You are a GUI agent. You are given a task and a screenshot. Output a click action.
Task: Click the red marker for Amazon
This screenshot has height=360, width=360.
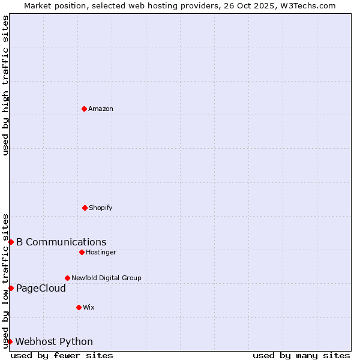click(x=84, y=109)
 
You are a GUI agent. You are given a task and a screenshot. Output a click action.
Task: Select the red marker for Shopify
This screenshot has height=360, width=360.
click(x=85, y=208)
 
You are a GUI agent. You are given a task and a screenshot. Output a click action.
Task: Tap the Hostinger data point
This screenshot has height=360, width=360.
click(x=82, y=252)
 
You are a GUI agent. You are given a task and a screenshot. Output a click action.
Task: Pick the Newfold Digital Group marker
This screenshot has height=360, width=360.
click(x=67, y=278)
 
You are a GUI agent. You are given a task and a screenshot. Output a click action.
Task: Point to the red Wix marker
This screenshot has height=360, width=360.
click(x=79, y=307)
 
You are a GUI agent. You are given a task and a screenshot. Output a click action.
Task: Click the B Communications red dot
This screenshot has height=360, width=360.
click(x=11, y=242)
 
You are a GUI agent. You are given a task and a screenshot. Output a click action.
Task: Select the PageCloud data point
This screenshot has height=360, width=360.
click(x=11, y=288)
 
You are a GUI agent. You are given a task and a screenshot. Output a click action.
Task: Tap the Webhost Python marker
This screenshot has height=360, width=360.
click(x=10, y=341)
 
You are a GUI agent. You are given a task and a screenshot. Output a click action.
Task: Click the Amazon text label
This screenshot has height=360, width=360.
click(x=101, y=109)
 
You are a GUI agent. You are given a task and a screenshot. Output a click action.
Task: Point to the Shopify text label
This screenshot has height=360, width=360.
click(x=101, y=208)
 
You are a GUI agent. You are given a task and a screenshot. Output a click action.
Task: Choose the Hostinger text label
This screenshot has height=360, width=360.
click(x=101, y=252)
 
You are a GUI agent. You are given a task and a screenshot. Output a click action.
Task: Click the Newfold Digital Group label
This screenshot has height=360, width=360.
click(x=106, y=278)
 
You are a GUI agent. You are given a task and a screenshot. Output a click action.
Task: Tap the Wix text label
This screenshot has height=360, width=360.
click(x=89, y=307)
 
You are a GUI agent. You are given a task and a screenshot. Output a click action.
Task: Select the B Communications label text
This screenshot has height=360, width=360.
click(x=61, y=242)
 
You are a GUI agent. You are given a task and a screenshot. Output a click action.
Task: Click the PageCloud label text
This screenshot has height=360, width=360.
click(x=41, y=289)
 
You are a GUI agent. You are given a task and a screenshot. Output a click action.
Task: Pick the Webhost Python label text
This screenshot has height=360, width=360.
click(x=54, y=342)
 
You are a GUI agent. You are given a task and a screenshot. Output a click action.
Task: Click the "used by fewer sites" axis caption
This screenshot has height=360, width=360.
click(x=62, y=355)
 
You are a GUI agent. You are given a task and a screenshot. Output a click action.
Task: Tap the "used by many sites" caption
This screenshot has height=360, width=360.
click(x=301, y=355)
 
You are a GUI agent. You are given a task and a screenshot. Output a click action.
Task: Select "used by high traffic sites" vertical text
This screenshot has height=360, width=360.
click(x=5, y=85)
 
